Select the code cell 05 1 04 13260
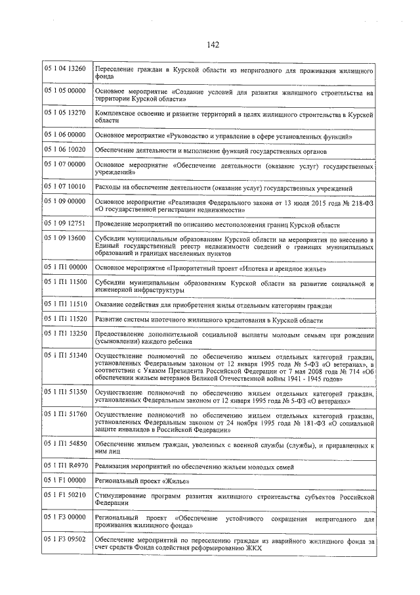65,69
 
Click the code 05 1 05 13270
65,112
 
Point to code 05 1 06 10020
65,150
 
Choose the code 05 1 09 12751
65,223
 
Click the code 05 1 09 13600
65,238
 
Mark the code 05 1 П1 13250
65,333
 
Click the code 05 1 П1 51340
65,355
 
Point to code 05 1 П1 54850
65,443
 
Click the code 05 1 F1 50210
65,495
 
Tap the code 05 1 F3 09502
65,540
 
